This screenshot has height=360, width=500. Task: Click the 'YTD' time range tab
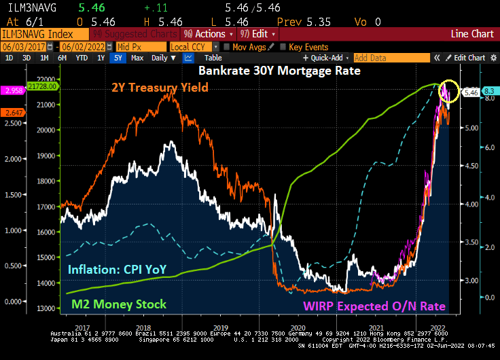tap(81, 58)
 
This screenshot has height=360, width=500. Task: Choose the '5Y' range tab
tap(118, 58)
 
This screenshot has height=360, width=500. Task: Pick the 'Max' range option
tap(137, 58)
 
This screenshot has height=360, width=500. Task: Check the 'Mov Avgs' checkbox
tap(227, 46)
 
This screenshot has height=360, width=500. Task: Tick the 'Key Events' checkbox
tap(283, 46)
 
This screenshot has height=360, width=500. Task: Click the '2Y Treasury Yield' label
tap(160, 87)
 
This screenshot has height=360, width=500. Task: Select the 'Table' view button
tap(213, 58)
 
